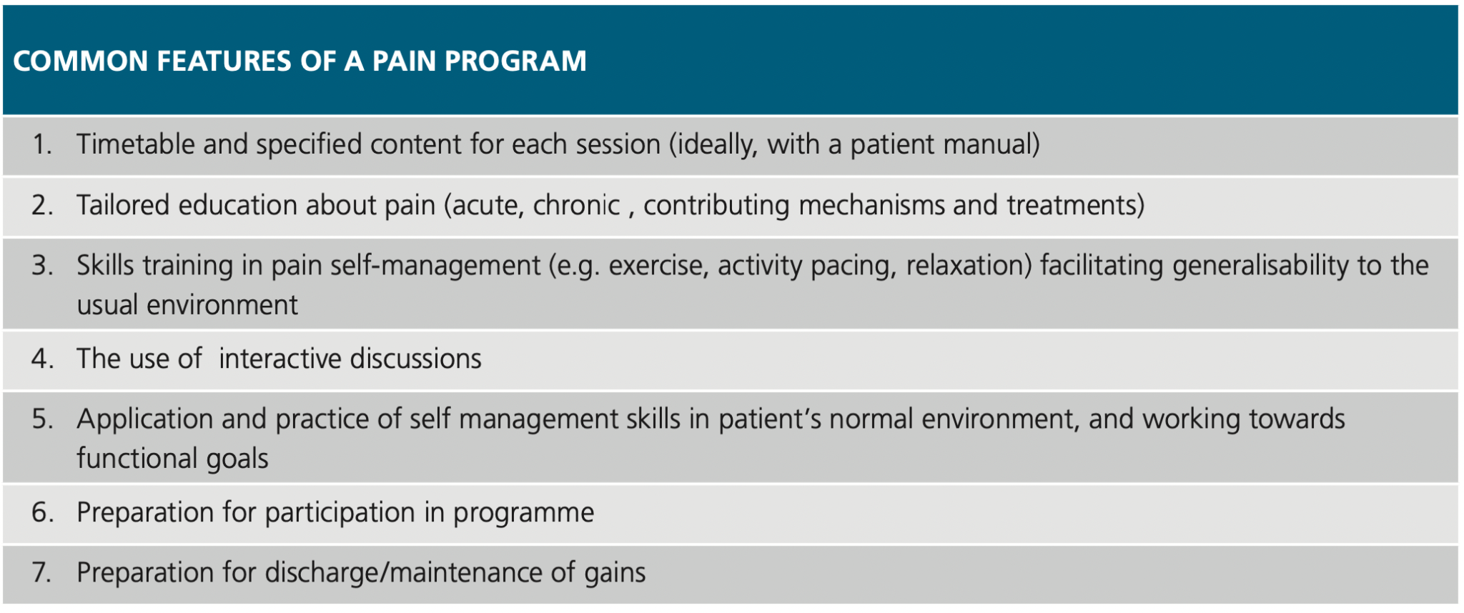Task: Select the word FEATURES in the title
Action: [223, 61]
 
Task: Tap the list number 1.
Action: [41, 145]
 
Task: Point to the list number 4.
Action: [42, 359]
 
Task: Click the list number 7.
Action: [41, 573]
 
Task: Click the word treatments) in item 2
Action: [1076, 206]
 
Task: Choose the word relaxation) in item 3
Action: [969, 266]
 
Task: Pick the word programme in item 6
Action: [523, 513]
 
